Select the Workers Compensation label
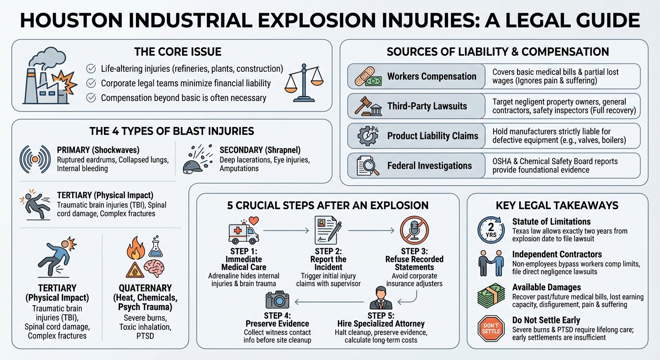431,76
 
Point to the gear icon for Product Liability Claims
367,136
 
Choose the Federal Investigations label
429,165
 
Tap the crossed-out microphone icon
415,230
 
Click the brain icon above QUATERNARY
154,269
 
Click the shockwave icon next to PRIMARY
35,159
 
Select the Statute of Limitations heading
551,222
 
